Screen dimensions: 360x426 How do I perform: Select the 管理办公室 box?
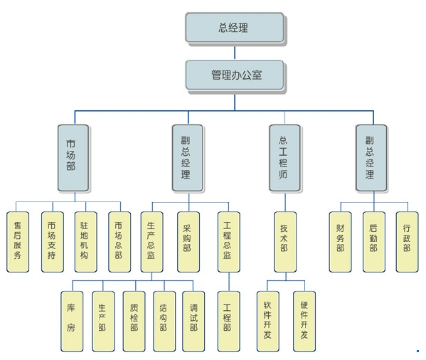pyautogui.click(x=235, y=75)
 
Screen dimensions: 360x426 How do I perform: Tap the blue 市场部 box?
pyautogui.click(x=73, y=158)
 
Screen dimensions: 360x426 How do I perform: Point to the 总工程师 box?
pyautogui.click(x=284, y=158)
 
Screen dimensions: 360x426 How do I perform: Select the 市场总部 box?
pyautogui.click(x=120, y=242)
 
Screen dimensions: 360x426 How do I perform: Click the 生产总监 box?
pyautogui.click(x=152, y=242)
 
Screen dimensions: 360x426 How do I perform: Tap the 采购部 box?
pyautogui.click(x=188, y=242)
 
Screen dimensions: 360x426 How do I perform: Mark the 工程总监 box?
pyautogui.click(x=228, y=242)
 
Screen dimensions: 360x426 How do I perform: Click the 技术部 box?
pyautogui.click(x=284, y=242)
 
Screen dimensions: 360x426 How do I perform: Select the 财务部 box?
pyautogui.click(x=341, y=242)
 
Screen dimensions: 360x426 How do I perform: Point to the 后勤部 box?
pyautogui.click(x=374, y=242)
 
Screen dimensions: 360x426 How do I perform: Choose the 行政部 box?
pyautogui.click(x=408, y=242)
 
